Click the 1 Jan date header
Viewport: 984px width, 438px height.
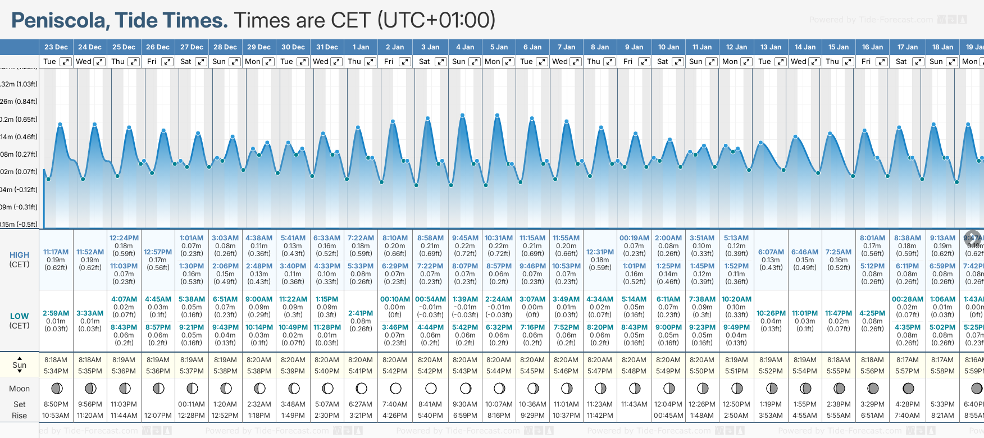click(361, 47)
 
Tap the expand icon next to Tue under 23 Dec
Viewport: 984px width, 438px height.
click(66, 62)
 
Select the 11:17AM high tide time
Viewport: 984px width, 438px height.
click(56, 252)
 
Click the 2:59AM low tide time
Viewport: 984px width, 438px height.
click(56, 313)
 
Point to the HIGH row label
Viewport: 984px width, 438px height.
click(20, 255)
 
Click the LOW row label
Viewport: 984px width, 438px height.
click(20, 316)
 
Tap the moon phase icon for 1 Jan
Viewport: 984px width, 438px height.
click(362, 389)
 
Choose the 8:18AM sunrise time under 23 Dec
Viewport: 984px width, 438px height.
click(56, 360)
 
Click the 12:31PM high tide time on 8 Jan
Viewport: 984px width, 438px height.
click(600, 252)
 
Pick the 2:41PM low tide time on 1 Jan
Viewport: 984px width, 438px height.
click(361, 313)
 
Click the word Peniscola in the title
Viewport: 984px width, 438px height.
click(61, 21)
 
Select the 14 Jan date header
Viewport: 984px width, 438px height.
click(805, 47)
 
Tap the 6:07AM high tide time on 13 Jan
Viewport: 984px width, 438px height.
click(771, 252)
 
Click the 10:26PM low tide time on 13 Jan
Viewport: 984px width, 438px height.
click(771, 313)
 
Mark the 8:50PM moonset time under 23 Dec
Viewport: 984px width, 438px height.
click(56, 404)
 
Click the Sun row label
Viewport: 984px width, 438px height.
click(20, 365)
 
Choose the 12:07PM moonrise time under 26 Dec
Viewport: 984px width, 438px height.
click(158, 416)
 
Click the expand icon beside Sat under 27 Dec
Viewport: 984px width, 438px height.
click(201, 62)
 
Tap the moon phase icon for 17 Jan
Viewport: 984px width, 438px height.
click(908, 389)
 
